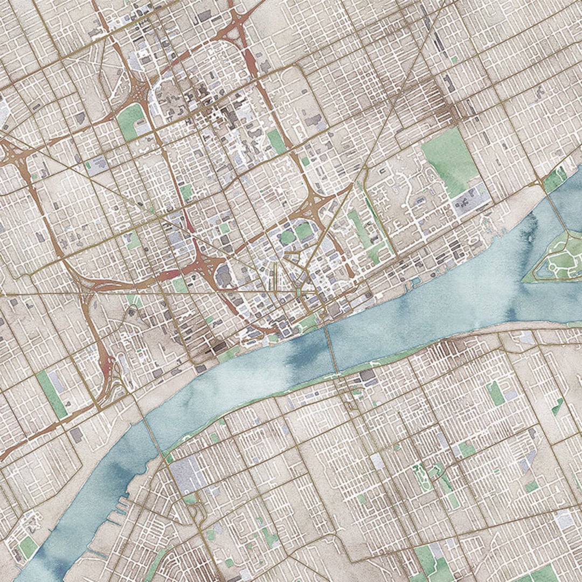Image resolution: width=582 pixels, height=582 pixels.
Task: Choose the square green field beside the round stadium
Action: point(304,231)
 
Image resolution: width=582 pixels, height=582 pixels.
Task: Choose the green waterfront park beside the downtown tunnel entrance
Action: point(308,323)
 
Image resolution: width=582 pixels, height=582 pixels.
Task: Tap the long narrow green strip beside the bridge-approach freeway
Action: point(52,393)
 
